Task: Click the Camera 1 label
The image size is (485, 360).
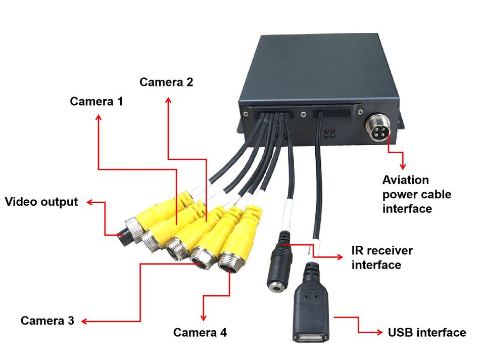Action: (x=96, y=101)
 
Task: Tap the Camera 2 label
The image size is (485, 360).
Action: (x=166, y=82)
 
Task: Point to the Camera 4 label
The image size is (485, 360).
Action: (x=200, y=333)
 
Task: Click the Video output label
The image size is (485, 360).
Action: (x=41, y=202)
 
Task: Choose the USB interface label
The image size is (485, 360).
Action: (x=427, y=333)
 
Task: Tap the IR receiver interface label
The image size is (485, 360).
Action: (x=381, y=257)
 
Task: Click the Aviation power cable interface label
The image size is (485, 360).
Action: (x=417, y=194)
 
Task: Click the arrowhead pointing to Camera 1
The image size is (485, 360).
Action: (x=98, y=117)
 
